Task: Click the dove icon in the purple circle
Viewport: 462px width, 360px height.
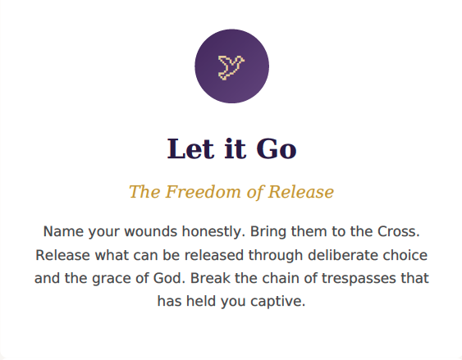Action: pos(231,68)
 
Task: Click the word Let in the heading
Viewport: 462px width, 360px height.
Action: pos(190,149)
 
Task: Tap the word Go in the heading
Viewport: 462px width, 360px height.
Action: pos(276,149)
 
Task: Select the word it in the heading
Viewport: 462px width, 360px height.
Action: pos(235,149)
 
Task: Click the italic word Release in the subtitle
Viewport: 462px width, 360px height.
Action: pos(300,192)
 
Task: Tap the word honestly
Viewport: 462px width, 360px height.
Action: pos(213,232)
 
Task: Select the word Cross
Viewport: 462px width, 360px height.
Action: pos(399,231)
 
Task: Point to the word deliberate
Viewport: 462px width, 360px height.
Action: pos(343,255)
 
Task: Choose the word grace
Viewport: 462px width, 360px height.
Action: pos(112,279)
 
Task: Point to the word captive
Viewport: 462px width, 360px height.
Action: pos(278,302)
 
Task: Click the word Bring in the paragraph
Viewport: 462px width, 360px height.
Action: pos(268,232)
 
